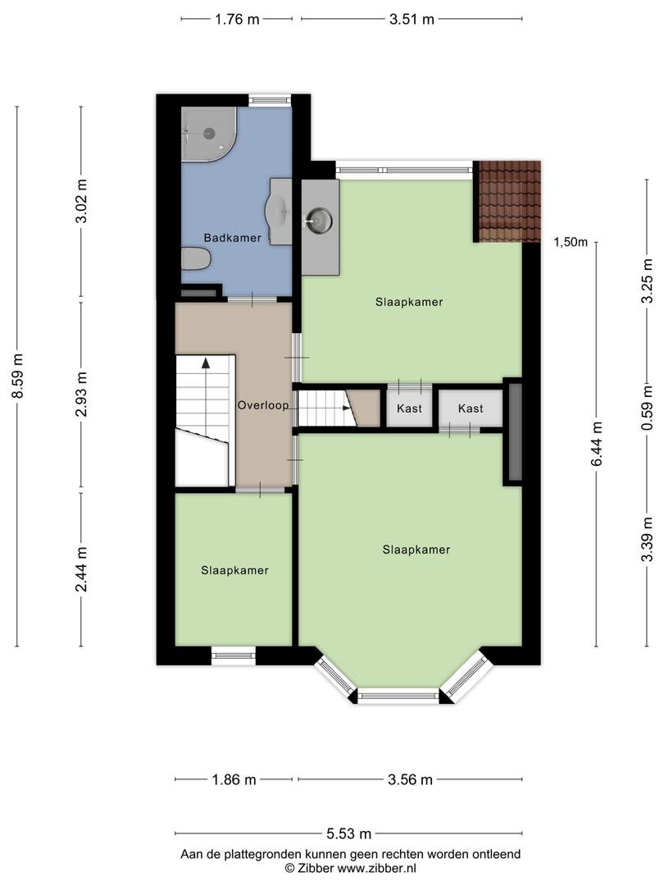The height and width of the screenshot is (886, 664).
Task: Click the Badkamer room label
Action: coord(232,238)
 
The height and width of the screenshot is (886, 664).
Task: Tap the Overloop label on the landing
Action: coord(263,405)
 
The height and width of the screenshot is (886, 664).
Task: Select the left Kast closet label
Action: coord(409,408)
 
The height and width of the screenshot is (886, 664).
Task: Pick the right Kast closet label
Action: coord(471,408)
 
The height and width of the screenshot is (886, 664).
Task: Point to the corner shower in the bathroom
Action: coord(208,134)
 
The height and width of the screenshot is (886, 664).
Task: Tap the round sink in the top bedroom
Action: coord(320,220)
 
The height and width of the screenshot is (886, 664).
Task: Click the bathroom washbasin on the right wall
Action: coord(280,212)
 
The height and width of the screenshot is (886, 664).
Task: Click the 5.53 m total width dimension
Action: coord(349,833)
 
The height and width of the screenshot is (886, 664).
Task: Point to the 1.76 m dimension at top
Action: coord(237,19)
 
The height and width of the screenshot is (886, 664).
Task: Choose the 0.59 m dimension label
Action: coord(647,408)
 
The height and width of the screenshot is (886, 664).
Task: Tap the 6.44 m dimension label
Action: coord(597,444)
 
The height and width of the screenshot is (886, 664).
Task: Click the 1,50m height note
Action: coord(571,242)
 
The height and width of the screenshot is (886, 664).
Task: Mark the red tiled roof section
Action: coord(507,201)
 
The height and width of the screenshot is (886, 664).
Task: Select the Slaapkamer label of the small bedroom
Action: coord(235,571)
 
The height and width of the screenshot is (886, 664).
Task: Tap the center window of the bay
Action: coord(398,695)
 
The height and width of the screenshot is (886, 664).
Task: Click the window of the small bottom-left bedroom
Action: coord(234,655)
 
